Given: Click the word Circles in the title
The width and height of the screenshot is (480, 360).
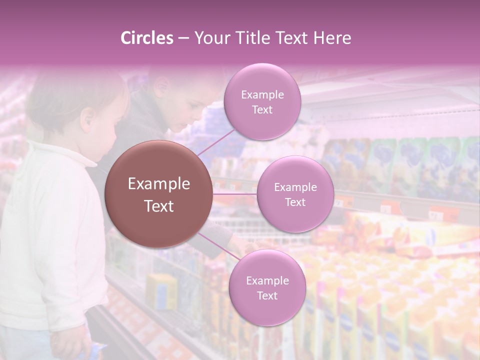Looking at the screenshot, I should pos(147,38).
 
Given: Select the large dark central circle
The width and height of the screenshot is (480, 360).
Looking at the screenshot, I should pos(158,194).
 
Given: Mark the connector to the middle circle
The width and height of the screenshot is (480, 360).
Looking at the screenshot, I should pos(235,193).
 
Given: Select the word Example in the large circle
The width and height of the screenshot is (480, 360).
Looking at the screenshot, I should pos(158,184).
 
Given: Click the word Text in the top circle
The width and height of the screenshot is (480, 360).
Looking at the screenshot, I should pos(262,109).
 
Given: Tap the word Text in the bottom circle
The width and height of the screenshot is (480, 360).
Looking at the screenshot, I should pos(267,295).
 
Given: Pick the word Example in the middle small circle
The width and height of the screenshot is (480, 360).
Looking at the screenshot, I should pos(295,187).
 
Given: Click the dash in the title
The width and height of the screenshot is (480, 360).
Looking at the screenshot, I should pos(183,38).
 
